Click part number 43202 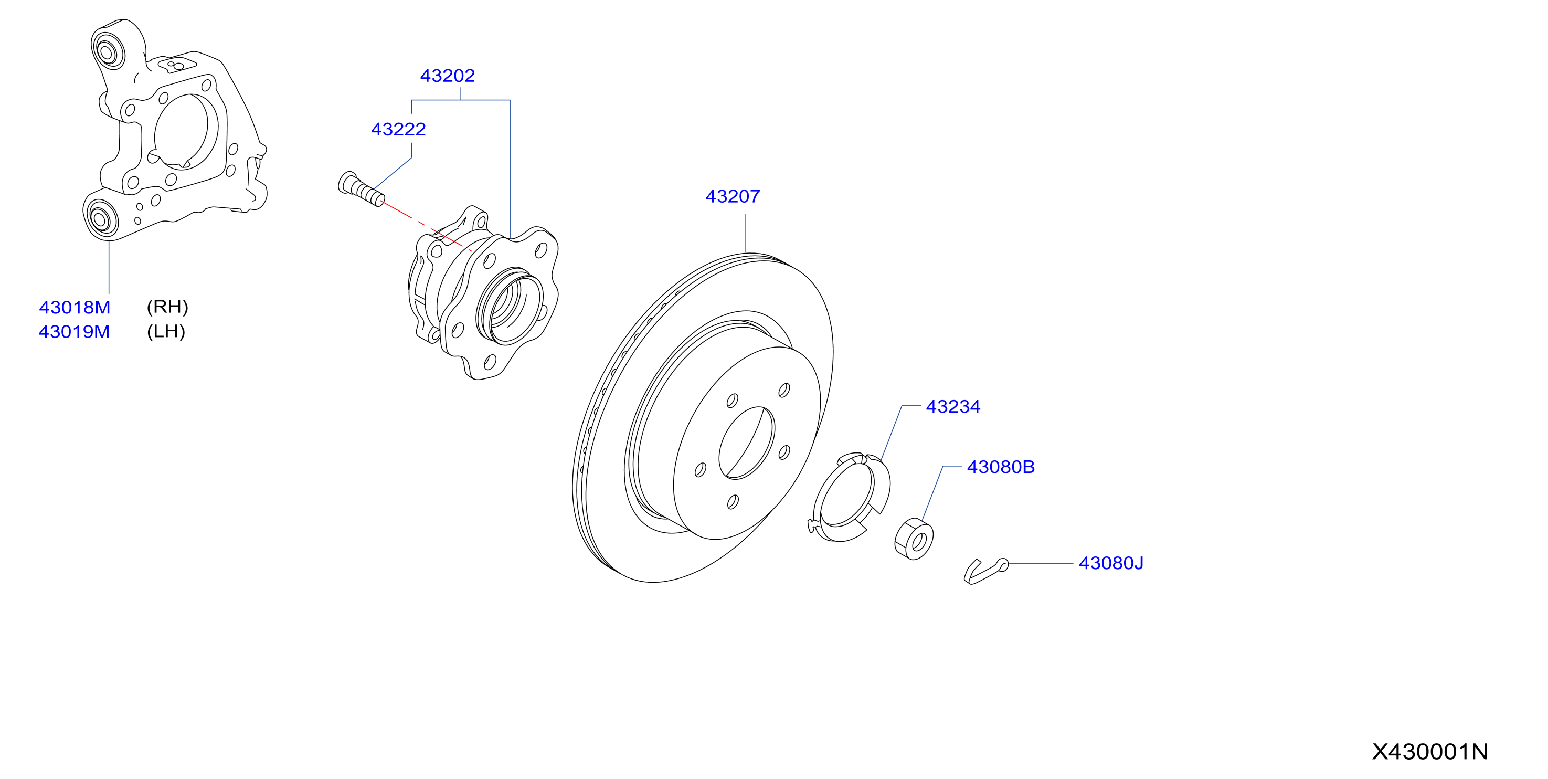[x=447, y=76]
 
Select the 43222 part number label [x=398, y=129]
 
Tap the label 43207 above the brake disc [x=733, y=196]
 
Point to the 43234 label [x=953, y=407]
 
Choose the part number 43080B [x=1001, y=467]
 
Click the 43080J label [x=1111, y=563]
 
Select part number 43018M [x=75, y=308]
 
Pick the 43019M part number [x=75, y=332]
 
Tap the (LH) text [x=166, y=332]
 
